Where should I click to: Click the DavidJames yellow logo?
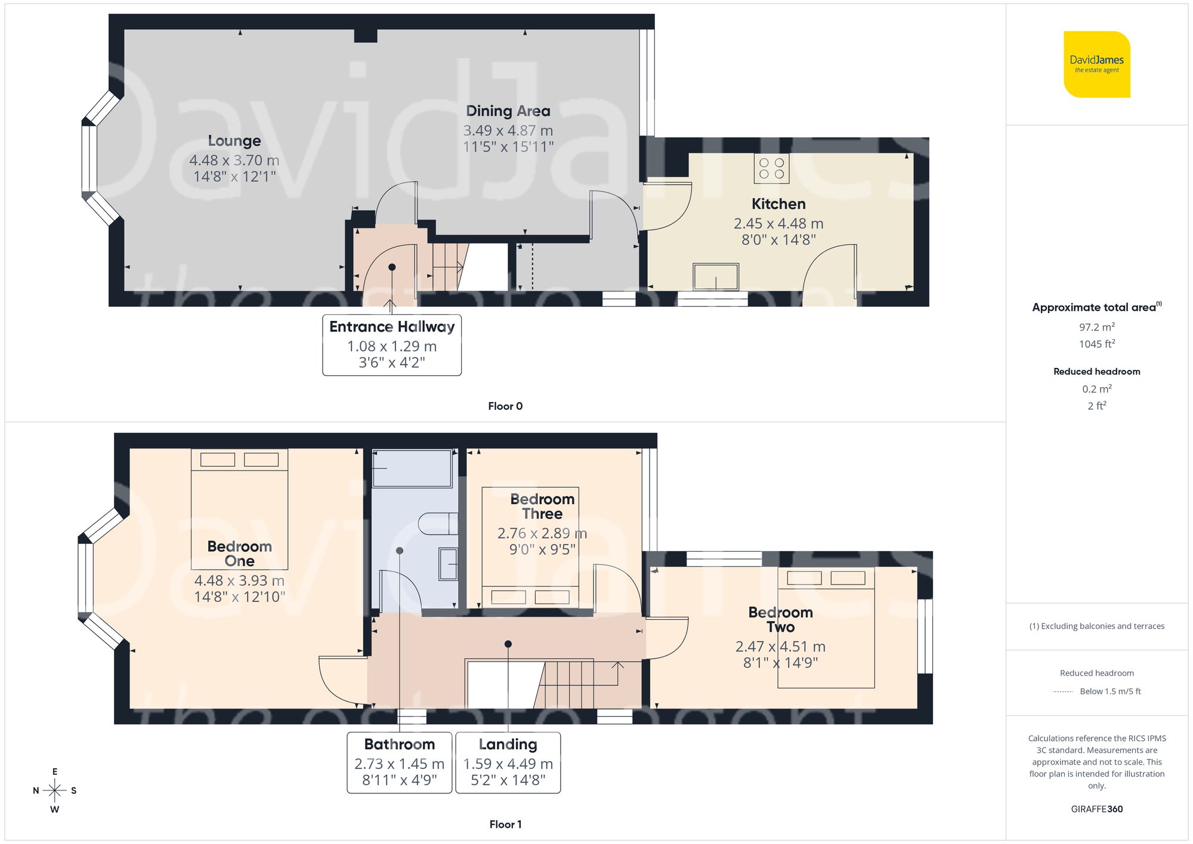click(1096, 64)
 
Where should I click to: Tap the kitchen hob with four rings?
click(771, 168)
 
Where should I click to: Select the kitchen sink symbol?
click(715, 277)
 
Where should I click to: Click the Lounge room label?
click(234, 141)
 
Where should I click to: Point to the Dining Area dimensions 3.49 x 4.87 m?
click(508, 131)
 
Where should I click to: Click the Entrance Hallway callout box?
click(392, 345)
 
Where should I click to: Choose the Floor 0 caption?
click(505, 406)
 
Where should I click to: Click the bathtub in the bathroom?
click(412, 468)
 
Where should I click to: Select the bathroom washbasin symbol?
click(448, 564)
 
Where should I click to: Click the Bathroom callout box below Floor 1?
click(399, 762)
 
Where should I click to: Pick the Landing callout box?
click(508, 762)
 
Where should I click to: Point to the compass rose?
click(54, 791)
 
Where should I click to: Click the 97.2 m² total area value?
click(1096, 327)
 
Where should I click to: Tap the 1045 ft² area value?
click(1096, 344)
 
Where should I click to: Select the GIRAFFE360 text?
click(1096, 809)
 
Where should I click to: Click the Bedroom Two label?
click(780, 619)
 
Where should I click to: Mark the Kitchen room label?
click(778, 204)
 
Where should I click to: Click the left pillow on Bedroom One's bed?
click(218, 459)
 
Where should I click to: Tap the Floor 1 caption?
click(505, 824)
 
